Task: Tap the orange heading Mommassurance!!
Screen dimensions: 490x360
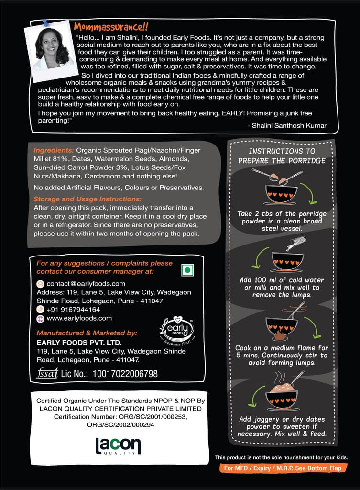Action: [x=110, y=27]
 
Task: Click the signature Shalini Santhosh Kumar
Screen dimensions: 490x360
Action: [x=287, y=126]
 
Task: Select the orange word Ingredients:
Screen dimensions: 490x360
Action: [x=54, y=150]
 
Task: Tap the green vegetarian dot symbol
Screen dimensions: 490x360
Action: [x=187, y=270]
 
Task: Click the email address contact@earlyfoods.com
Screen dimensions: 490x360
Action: [x=86, y=283]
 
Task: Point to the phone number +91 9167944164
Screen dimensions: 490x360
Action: [x=73, y=309]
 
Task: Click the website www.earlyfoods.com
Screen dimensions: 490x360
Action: [x=79, y=318]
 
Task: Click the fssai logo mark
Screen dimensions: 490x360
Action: [x=46, y=374]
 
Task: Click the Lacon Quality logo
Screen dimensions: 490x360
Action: [x=118, y=446]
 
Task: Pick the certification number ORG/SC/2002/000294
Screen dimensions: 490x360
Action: [x=121, y=424]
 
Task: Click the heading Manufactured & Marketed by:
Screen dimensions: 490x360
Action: [x=87, y=333]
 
